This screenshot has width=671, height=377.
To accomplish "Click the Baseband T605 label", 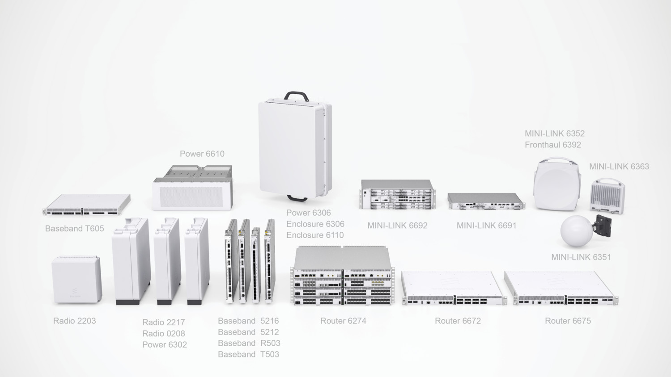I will [74, 229].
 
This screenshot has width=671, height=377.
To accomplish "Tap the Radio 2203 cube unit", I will [76, 281].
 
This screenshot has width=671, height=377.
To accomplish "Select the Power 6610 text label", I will [202, 154].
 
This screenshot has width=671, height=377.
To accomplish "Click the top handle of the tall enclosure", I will [297, 95].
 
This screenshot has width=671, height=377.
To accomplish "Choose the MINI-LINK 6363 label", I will [619, 167].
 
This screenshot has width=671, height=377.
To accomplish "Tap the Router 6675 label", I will [568, 321].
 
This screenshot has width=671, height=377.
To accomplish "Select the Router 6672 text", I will [458, 321].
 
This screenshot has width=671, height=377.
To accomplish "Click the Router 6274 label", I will [343, 321].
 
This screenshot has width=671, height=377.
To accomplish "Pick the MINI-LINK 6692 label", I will [397, 226].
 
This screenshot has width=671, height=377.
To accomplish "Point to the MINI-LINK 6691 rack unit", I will [486, 201].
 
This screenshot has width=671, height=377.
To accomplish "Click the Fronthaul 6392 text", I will [552, 145].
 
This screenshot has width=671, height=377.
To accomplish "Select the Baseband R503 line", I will [249, 343].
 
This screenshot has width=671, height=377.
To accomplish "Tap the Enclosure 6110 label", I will [315, 235].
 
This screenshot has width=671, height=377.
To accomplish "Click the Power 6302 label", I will [164, 345].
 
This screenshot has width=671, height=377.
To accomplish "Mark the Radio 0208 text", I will [163, 334].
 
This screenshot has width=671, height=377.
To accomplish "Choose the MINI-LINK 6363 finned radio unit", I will [607, 196].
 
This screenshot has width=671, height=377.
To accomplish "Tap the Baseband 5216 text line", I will [248, 321].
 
